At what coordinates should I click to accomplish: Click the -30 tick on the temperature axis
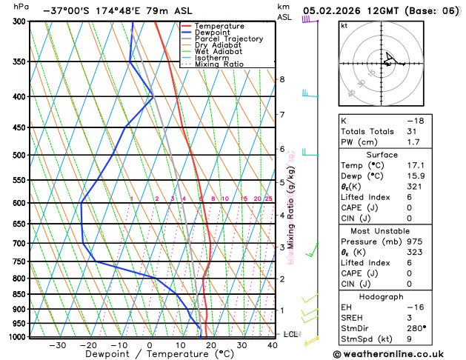57,345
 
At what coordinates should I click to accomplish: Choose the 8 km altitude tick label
282,79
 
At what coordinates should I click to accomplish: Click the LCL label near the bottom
290,334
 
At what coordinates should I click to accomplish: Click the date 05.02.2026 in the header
334,11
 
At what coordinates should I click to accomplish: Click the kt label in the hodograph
344,25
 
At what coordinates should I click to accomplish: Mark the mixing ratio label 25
268,199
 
